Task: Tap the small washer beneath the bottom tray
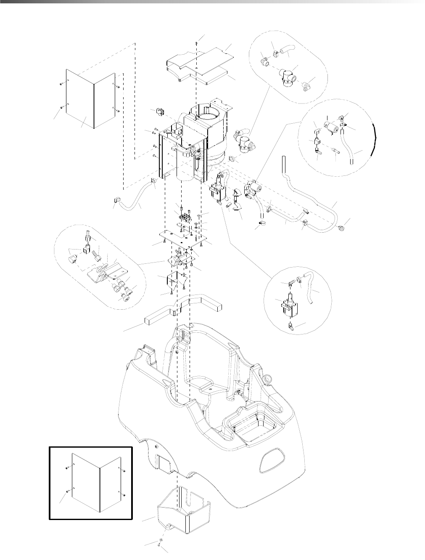pyautogui.click(x=161, y=541)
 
